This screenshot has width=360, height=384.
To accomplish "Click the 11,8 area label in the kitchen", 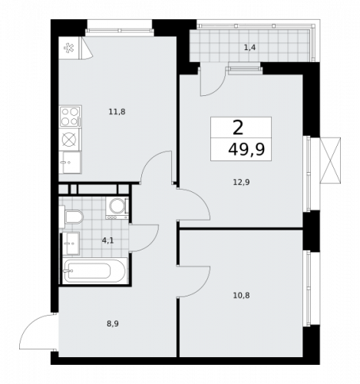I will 117,111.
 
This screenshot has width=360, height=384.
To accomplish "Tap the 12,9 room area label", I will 242,181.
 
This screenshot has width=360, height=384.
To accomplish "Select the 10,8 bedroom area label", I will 242,294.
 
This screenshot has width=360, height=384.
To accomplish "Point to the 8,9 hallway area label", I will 113,323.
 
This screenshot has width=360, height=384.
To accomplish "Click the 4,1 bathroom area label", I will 107,240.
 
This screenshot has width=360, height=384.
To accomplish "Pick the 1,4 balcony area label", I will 250,48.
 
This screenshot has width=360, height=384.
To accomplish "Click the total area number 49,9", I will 246,149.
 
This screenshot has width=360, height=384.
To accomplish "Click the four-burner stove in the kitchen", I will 70,116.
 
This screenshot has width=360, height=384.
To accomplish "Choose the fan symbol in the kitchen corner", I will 67,48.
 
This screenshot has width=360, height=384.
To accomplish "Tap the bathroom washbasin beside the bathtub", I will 70,246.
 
